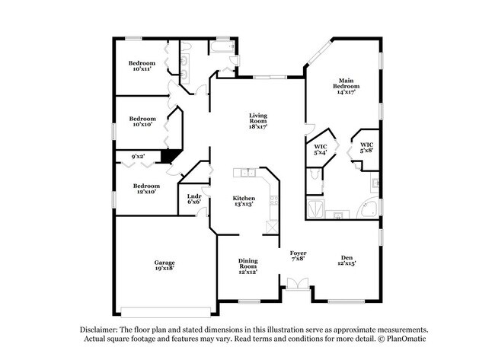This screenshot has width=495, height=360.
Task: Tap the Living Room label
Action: [258, 122]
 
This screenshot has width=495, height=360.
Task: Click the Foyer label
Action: [298, 256]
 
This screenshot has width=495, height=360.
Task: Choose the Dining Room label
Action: [247, 266]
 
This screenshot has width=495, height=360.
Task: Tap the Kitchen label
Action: [244, 202]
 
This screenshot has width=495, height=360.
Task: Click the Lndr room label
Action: [193, 199]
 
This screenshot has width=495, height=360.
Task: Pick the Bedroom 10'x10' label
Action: [142, 121]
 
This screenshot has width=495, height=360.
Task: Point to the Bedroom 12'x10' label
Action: [146, 189]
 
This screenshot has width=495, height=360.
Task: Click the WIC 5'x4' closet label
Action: [321, 148]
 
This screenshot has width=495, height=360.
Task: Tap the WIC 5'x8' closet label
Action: [366, 148]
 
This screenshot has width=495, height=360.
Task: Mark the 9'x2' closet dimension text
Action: [138, 157]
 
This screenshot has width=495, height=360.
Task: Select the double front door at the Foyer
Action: [297, 286]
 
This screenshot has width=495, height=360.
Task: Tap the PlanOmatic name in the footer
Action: [407, 339]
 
